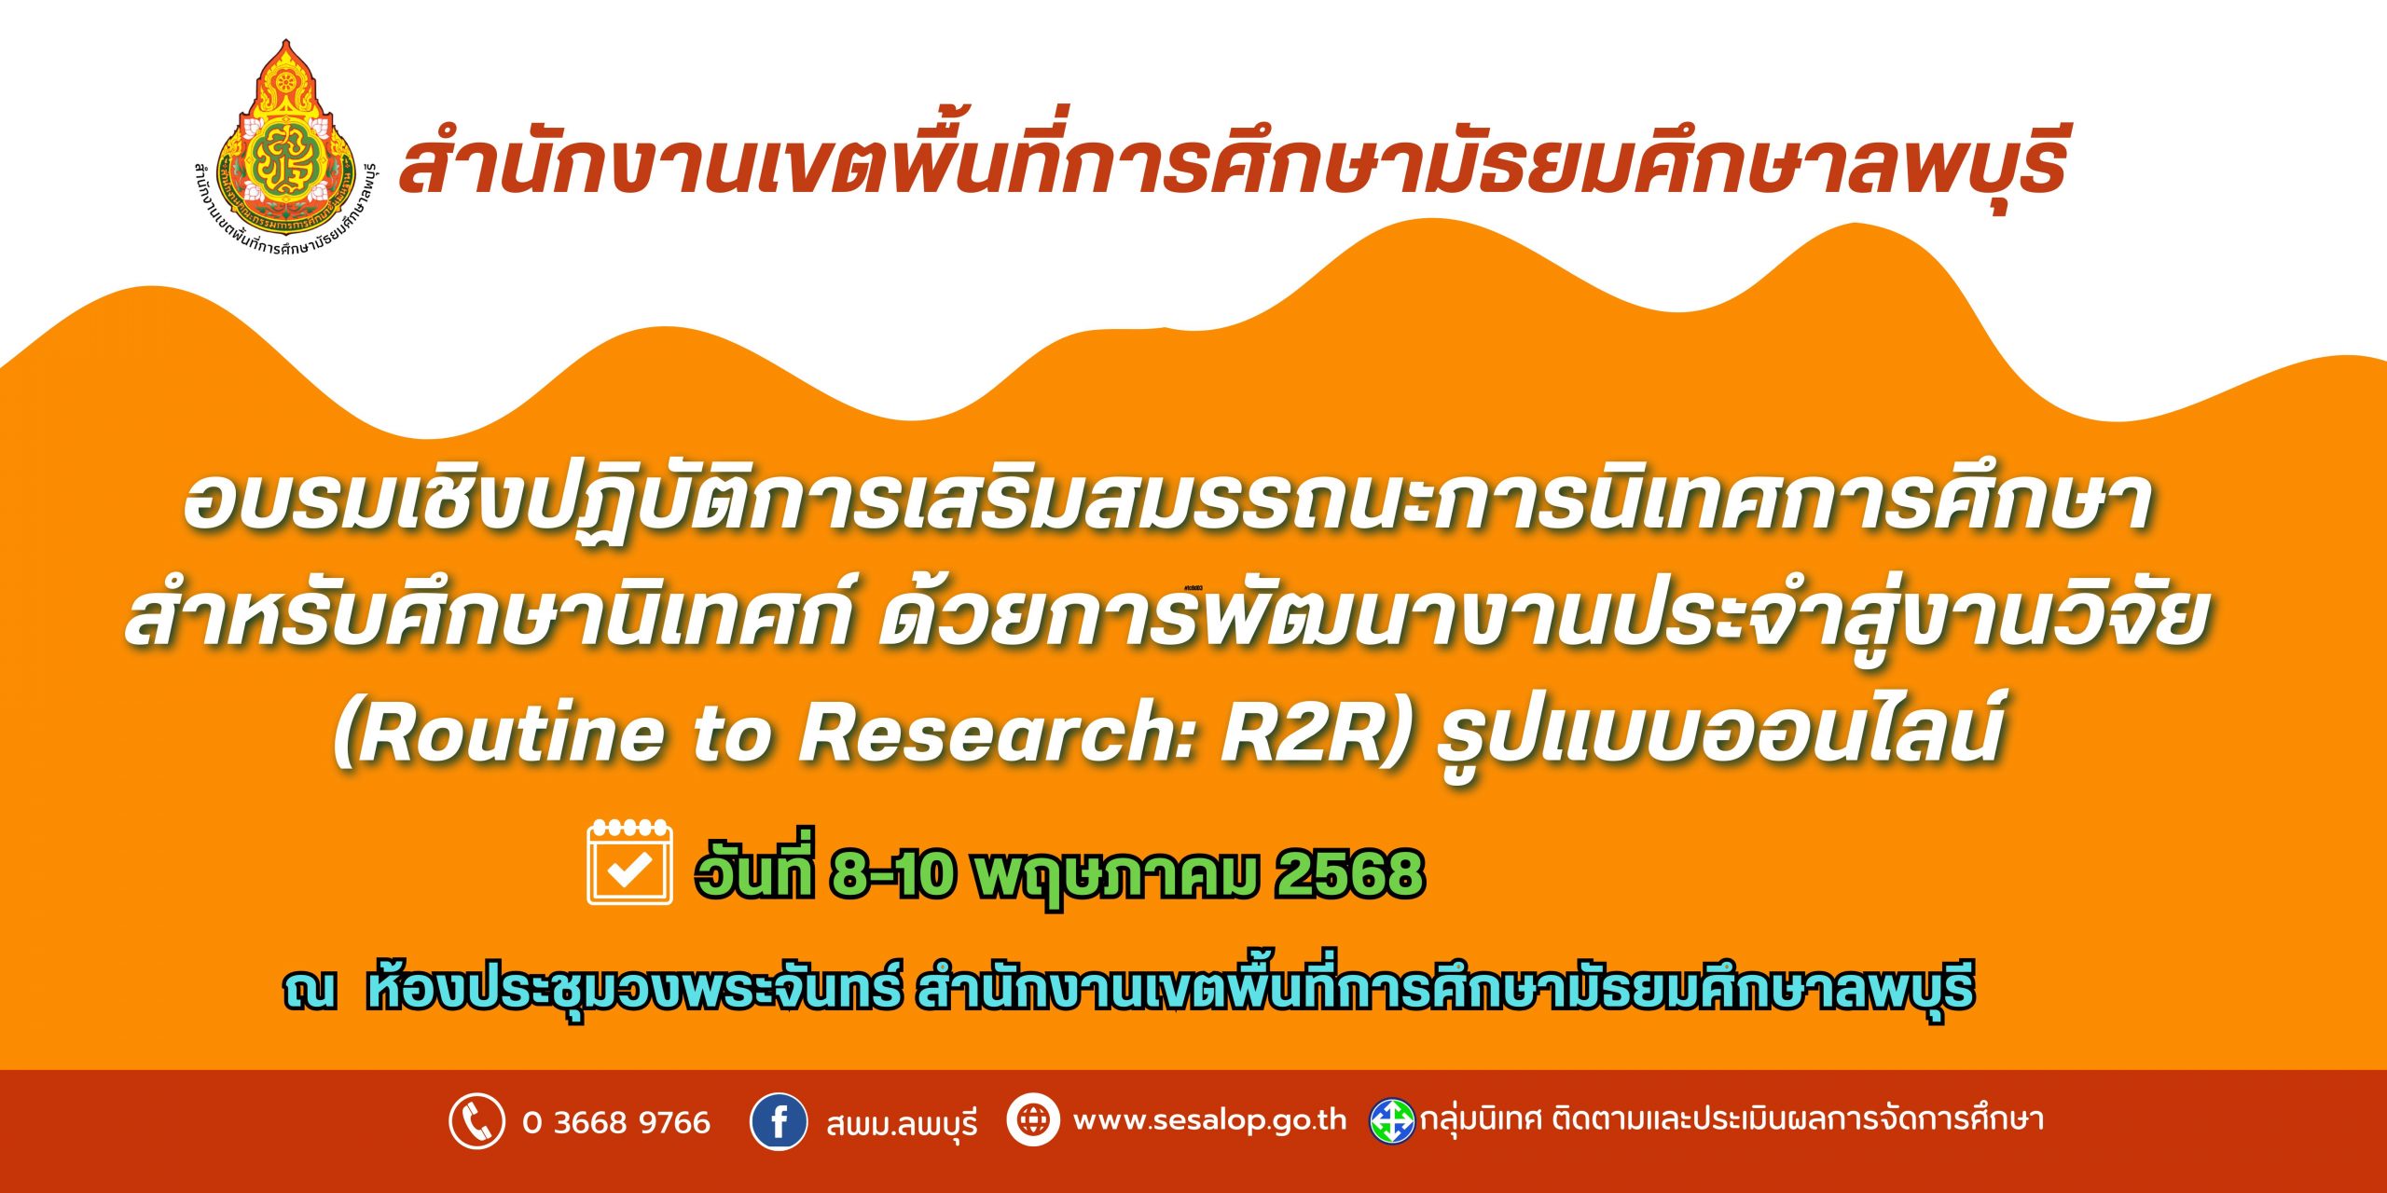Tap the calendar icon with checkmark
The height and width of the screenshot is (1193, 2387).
[629, 862]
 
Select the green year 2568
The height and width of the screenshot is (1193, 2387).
[1349, 874]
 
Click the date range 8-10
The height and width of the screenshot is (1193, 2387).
[893, 874]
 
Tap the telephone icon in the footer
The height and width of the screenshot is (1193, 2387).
[477, 1121]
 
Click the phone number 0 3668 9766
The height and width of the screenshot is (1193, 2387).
[616, 1122]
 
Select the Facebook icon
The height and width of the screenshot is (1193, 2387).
[779, 1121]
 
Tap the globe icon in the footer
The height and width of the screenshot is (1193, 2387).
[1033, 1118]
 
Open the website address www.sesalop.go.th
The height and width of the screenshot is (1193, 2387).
[1210, 1119]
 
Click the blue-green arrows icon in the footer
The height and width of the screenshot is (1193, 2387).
[1392, 1121]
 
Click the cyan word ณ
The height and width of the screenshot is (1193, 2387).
[310, 991]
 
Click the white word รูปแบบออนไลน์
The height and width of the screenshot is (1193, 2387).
[1721, 733]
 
